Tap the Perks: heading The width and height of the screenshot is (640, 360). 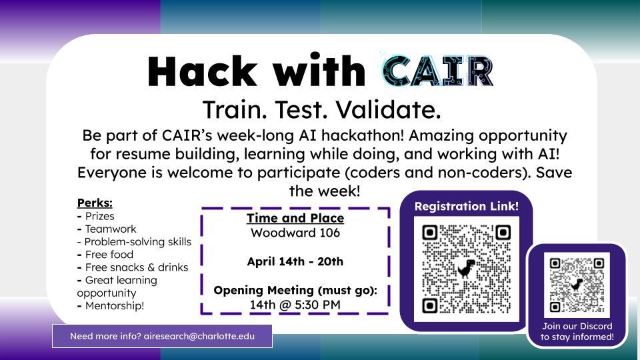click(x=95, y=203)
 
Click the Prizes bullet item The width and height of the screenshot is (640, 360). click(x=99, y=216)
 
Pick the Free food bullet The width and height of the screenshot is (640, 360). click(x=109, y=254)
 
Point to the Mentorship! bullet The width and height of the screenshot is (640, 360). click(x=114, y=305)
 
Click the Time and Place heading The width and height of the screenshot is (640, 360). click(x=295, y=218)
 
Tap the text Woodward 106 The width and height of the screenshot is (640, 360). click(x=295, y=233)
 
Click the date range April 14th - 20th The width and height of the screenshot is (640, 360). click(x=295, y=261)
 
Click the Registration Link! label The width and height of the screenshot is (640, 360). click(x=466, y=206)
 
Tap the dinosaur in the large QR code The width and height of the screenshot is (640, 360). click(x=466, y=269)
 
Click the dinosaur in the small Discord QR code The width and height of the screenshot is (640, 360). click(x=577, y=285)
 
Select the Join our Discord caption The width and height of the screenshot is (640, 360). click(x=577, y=326)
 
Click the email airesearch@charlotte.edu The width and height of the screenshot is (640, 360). click(x=199, y=336)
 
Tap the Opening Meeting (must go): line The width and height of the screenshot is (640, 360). click(x=295, y=290)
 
